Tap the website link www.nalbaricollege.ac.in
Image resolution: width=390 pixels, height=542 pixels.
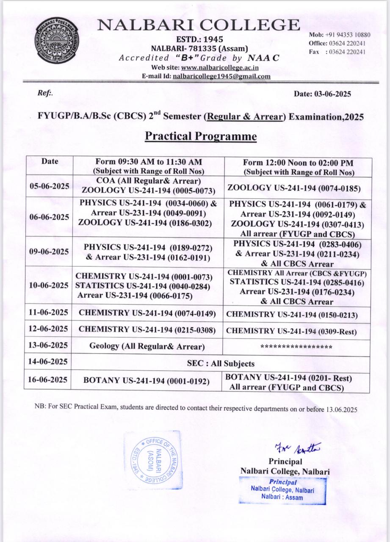point(220,68)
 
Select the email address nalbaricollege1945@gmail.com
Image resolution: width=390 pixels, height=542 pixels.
point(221,76)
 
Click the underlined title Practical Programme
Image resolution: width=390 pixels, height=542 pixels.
point(201,136)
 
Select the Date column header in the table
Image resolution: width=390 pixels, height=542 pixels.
point(50,161)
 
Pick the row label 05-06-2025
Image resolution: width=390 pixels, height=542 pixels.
point(49,186)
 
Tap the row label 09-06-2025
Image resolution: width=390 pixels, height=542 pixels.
point(49,252)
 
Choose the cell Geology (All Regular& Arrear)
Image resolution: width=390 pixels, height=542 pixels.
point(147,346)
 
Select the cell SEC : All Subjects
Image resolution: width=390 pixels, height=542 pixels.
point(221,363)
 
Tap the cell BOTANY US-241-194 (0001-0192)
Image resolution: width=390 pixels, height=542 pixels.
point(147,381)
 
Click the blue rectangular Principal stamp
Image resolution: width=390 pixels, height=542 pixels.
point(282,490)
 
